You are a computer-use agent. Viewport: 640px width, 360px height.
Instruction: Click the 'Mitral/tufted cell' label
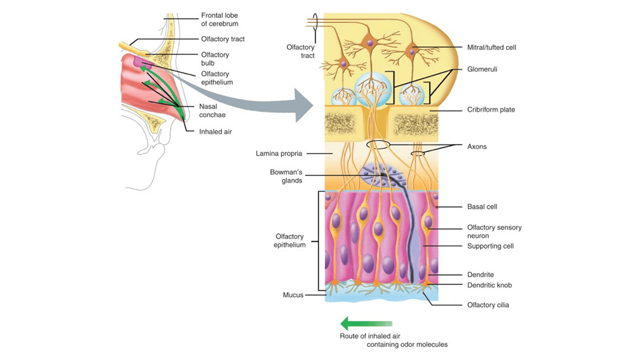[491, 47]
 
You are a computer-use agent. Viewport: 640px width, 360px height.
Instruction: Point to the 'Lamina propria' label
[279, 154]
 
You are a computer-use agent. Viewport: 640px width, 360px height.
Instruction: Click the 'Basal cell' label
[482, 206]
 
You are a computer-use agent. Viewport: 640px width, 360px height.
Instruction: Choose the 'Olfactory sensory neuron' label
[494, 231]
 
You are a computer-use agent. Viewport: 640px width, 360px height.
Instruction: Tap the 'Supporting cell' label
[490, 246]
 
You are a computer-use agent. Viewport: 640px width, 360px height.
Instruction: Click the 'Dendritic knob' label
[490, 285]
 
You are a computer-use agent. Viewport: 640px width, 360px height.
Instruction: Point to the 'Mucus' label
[293, 294]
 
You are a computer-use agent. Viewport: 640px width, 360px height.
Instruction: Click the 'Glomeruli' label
[482, 69]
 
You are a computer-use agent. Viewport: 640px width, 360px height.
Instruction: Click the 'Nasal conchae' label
[211, 110]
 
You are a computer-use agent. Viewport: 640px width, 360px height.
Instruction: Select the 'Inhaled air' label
[215, 131]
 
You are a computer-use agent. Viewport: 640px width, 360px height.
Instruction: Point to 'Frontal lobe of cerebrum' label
[219, 20]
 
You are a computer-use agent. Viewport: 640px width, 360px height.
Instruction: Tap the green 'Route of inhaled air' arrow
[366, 323]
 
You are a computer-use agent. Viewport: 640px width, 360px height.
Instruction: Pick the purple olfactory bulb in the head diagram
[140, 63]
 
